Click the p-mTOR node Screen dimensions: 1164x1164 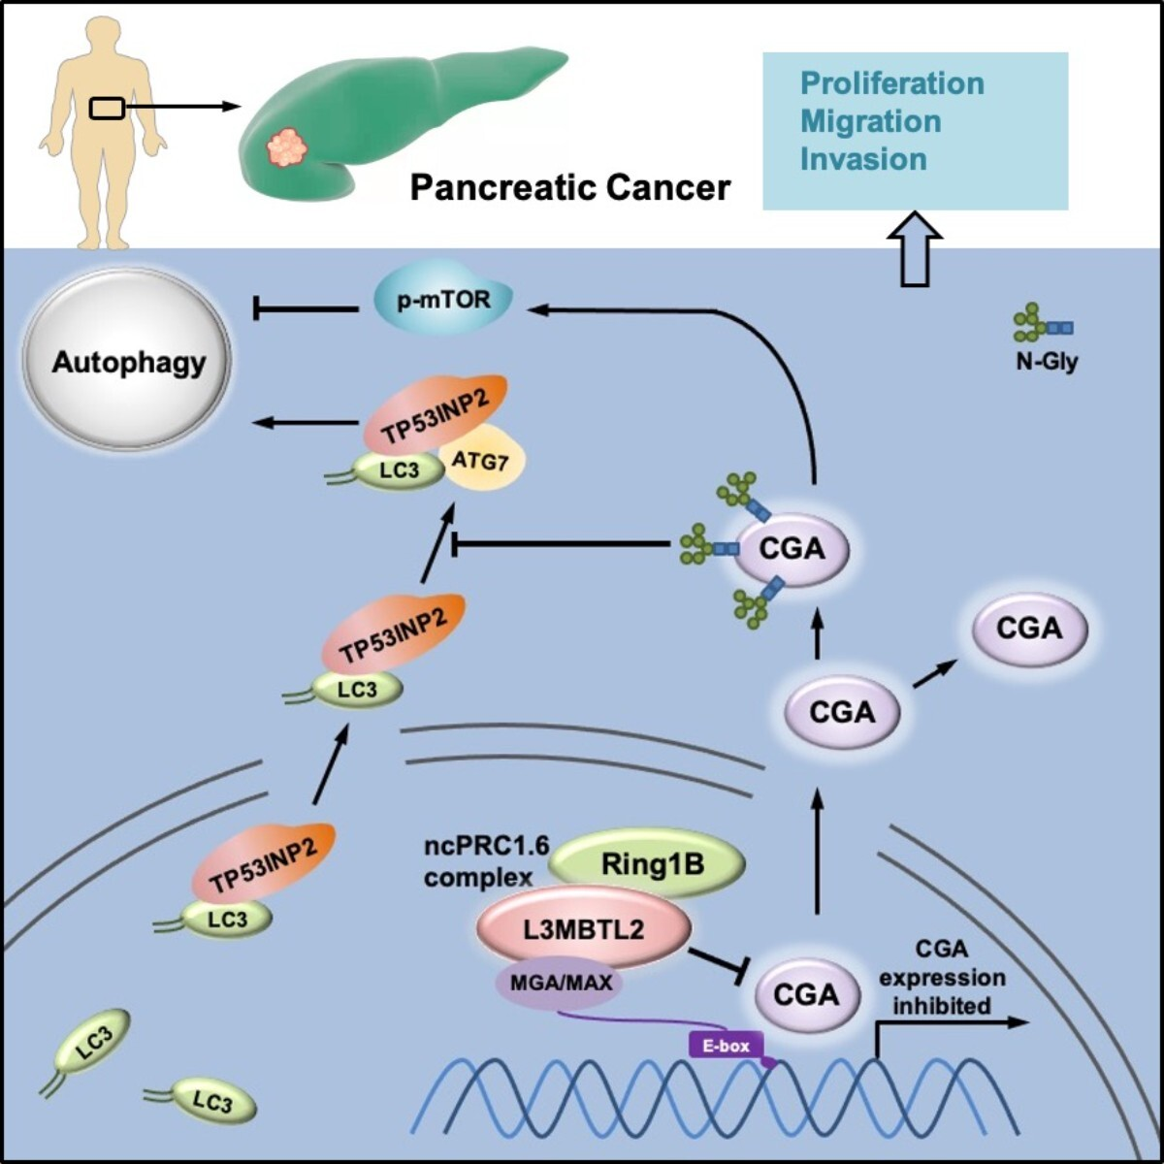(x=443, y=303)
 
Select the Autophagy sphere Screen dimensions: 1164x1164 (x=129, y=362)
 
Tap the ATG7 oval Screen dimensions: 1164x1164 (x=481, y=461)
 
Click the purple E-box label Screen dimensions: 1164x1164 (x=725, y=1046)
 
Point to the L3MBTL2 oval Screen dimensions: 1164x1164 (x=584, y=929)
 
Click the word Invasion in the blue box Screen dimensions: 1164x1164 (x=863, y=159)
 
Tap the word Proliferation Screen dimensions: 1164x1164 (x=891, y=83)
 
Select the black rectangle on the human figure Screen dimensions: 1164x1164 (x=107, y=108)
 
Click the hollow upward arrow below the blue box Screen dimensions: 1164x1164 (x=915, y=249)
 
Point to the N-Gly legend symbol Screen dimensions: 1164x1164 (x=1043, y=327)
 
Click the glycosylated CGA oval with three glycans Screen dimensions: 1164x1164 (x=792, y=549)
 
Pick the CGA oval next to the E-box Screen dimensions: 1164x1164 (x=805, y=994)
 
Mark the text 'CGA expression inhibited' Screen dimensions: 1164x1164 (x=941, y=977)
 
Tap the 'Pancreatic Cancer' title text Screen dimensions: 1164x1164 (x=569, y=186)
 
